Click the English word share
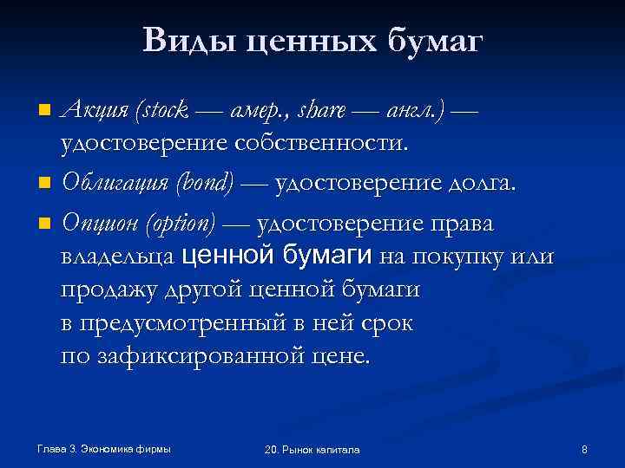(321, 110)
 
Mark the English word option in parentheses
(183, 223)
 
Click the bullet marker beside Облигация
(44, 183)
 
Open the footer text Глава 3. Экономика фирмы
(104, 448)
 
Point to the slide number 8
(584, 449)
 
